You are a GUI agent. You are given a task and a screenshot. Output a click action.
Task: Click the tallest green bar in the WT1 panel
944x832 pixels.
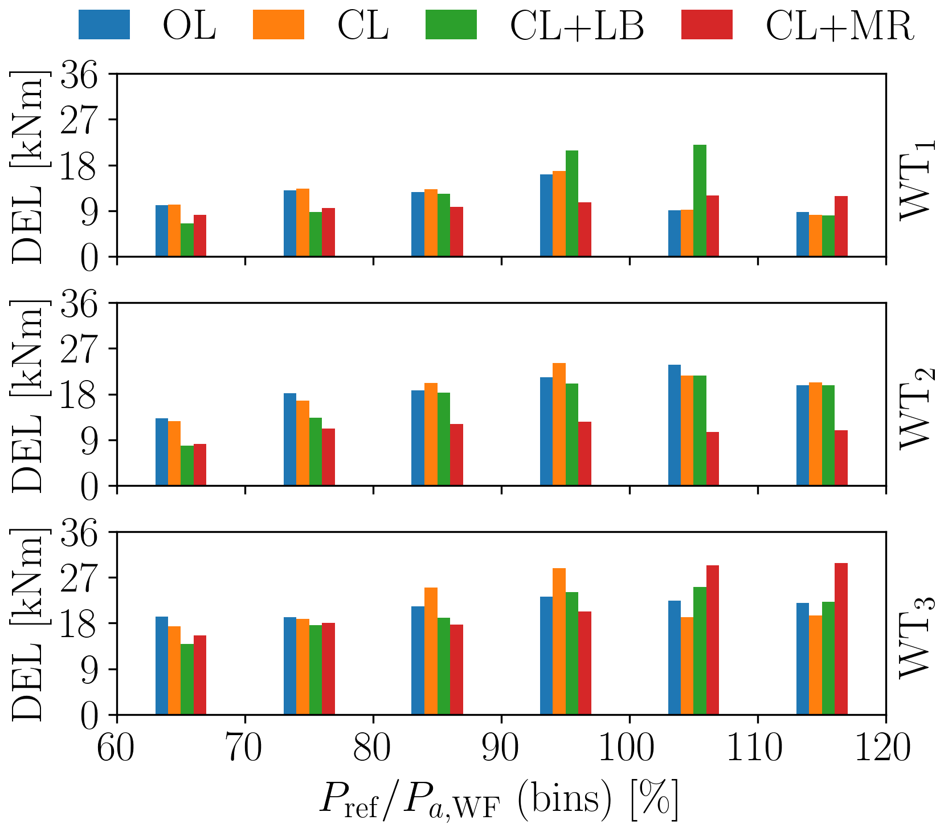pyautogui.click(x=700, y=201)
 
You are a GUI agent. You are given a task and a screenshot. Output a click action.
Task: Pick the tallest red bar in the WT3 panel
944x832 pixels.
pyautogui.click(x=841, y=638)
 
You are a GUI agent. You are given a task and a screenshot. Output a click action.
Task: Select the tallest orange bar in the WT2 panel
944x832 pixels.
pyautogui.click(x=559, y=424)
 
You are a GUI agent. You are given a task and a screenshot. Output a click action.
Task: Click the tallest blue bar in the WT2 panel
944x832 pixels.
pyautogui.click(x=675, y=425)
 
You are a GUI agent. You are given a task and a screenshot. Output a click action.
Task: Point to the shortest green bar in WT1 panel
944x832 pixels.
pyautogui.click(x=187, y=240)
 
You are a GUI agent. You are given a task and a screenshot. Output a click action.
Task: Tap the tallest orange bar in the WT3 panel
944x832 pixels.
pyautogui.click(x=559, y=641)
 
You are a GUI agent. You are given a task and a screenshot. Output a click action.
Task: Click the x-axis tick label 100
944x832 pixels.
pyautogui.click(x=629, y=749)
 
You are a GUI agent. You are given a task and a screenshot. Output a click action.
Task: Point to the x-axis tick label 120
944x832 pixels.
pyautogui.click(x=885, y=749)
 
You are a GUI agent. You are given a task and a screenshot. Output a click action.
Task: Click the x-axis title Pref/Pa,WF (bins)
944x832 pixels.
pyautogui.click(x=498, y=801)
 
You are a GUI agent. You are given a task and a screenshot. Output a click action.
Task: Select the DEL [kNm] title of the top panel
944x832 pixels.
pyautogui.click(x=27, y=166)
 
